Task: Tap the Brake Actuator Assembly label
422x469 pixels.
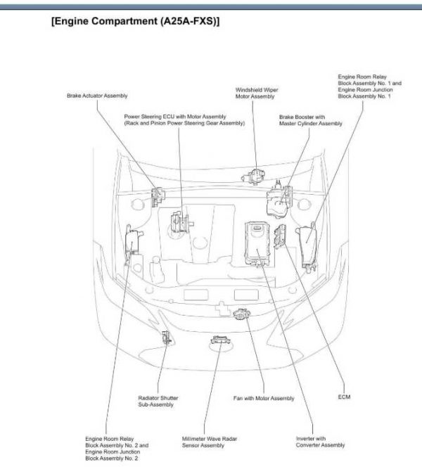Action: (x=97, y=96)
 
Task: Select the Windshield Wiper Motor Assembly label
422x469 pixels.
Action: (x=255, y=93)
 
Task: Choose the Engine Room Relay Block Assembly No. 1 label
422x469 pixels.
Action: (x=369, y=86)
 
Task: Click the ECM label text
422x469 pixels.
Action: (x=344, y=398)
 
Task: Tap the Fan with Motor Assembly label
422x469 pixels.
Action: (x=264, y=399)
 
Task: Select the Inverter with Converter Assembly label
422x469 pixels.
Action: (x=320, y=442)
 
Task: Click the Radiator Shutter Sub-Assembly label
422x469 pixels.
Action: (x=154, y=401)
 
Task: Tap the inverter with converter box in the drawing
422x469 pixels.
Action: (x=254, y=243)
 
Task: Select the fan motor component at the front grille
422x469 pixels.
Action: (x=243, y=319)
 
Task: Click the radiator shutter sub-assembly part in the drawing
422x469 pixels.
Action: (x=167, y=338)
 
